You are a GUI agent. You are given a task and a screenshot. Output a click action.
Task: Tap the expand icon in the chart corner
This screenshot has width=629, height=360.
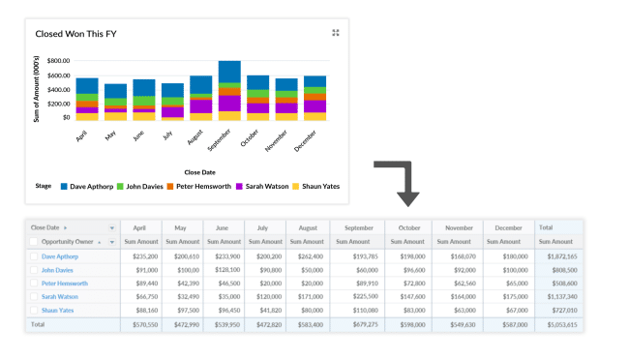tap(336, 33)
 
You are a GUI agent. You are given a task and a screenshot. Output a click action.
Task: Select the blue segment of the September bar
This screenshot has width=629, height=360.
tap(229, 72)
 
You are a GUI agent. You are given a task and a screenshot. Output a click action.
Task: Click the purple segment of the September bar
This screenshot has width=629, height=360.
tap(229, 103)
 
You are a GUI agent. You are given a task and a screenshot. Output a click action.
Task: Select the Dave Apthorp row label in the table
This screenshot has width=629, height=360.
tap(60, 256)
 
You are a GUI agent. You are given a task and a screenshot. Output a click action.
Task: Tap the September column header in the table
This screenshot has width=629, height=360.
tap(358, 227)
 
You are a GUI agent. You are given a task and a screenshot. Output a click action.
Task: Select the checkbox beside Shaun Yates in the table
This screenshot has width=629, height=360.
tap(34, 311)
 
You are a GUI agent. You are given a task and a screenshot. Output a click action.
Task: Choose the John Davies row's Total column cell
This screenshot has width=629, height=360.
tap(558, 270)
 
